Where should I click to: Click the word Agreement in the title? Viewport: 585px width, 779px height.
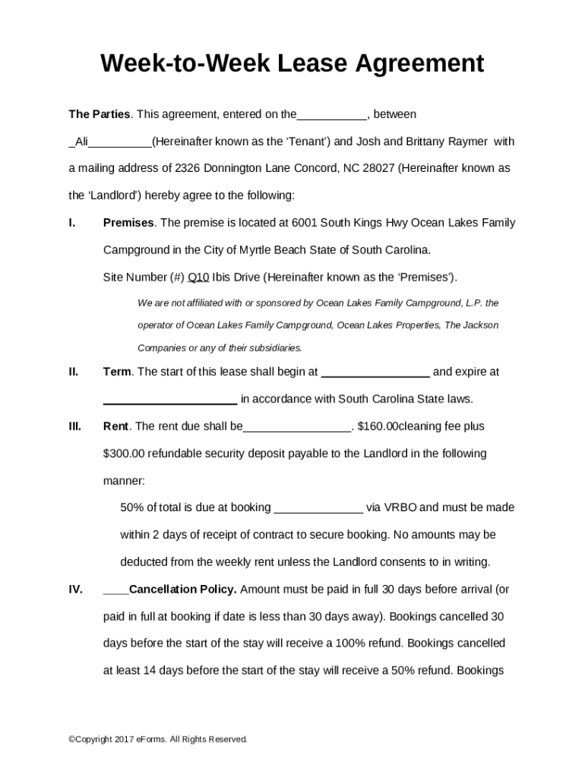406,63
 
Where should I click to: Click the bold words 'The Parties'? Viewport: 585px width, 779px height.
100,114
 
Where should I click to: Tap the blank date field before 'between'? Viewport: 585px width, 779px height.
332,115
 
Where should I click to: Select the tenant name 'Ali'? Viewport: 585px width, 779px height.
82,141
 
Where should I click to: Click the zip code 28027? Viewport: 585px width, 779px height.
379,168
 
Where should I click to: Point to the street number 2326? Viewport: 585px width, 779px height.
187,168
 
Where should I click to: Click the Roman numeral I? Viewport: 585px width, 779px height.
71,223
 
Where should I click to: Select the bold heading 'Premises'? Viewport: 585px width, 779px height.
128,223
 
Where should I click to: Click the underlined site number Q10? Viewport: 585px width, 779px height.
198,277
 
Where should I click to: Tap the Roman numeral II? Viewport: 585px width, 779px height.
73,372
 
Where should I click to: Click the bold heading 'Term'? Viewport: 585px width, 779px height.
117,372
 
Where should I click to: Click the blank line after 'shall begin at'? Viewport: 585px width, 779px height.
375,373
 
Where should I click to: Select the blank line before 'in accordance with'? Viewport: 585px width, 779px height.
169,400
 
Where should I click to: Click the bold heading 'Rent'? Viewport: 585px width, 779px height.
116,426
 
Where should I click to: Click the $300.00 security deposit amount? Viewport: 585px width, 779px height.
124,453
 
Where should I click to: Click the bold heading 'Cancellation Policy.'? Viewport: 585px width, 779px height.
183,589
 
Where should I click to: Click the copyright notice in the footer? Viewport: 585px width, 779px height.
158,739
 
